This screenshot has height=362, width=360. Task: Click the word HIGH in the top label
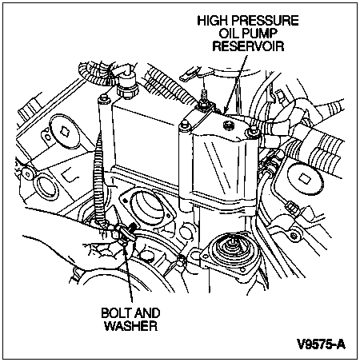pos(211,21)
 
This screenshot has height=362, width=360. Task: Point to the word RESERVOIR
pos(248,46)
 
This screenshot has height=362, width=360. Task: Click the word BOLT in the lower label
pos(116,313)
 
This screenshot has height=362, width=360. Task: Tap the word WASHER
pos(130,326)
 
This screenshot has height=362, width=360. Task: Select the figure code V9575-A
pos(322,344)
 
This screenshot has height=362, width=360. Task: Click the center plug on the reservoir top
pos(229,125)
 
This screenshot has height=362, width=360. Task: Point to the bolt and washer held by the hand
pos(126,233)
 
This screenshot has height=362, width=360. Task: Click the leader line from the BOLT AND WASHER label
pos(128,272)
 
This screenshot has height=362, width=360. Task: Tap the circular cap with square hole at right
pos(305,179)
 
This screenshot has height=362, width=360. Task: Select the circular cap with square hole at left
pos(65,131)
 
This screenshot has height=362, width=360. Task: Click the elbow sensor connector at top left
pos(126,82)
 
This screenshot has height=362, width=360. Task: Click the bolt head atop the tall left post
pos(103,98)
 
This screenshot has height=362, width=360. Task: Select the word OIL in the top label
pos(228,34)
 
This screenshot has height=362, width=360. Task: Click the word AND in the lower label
pos(147,313)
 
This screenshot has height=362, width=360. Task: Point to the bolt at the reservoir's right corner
pos(253,132)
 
